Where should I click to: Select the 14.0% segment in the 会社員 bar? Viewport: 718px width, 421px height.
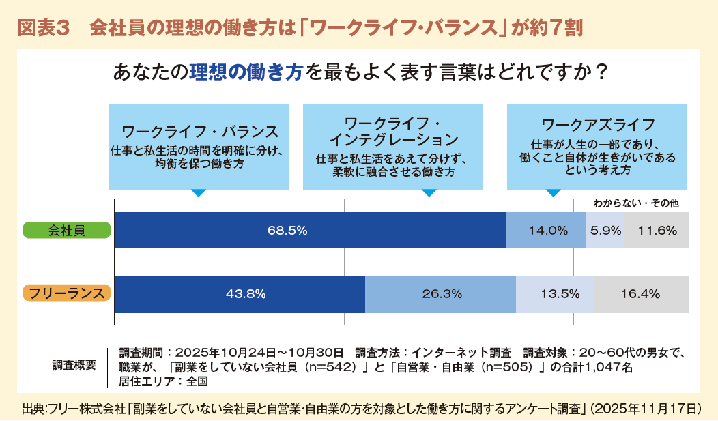pyautogui.click(x=545, y=230)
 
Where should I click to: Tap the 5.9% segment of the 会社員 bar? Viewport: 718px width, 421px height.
pyautogui.click(x=605, y=230)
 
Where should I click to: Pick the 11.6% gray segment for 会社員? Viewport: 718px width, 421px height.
pyautogui.click(x=656, y=230)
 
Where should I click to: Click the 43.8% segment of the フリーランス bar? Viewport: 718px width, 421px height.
pyautogui.click(x=240, y=294)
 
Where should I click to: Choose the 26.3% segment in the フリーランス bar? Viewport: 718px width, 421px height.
pyautogui.click(x=440, y=294)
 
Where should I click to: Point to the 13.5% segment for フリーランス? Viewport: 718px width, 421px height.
pyautogui.click(x=555, y=294)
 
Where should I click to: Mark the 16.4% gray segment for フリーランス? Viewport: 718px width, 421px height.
pyautogui.click(x=641, y=294)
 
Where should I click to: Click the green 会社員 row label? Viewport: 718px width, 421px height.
pyautogui.click(x=67, y=230)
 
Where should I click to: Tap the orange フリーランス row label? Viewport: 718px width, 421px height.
pyautogui.click(x=67, y=294)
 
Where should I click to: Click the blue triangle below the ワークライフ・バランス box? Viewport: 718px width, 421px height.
pyautogui.click(x=198, y=193)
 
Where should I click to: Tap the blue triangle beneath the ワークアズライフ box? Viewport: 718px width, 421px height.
pyautogui.click(x=554, y=193)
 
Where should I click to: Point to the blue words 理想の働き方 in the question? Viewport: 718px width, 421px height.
pyautogui.click(x=246, y=72)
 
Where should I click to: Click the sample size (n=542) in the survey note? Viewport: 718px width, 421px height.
pyautogui.click(x=326, y=366)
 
